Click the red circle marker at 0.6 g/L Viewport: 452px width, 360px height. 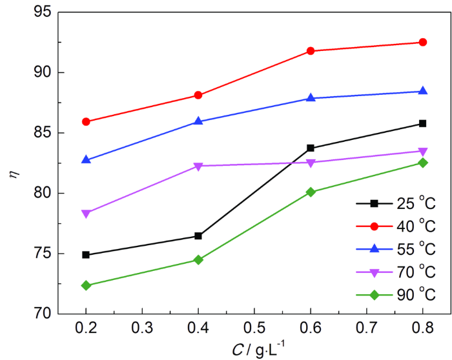coord(311,51)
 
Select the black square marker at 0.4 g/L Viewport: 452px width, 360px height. coord(198,236)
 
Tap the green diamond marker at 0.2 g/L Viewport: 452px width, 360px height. coord(86,285)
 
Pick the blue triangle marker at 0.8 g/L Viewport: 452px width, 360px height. coord(423,91)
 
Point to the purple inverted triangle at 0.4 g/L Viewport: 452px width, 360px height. coord(198,166)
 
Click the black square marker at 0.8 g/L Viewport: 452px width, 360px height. coord(423,123)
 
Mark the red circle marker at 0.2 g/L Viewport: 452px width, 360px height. coord(86,121)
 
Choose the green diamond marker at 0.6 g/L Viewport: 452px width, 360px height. coord(311,192)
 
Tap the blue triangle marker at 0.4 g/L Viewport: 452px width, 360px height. coord(198,121)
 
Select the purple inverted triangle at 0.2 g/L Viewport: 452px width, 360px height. coord(86,214)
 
